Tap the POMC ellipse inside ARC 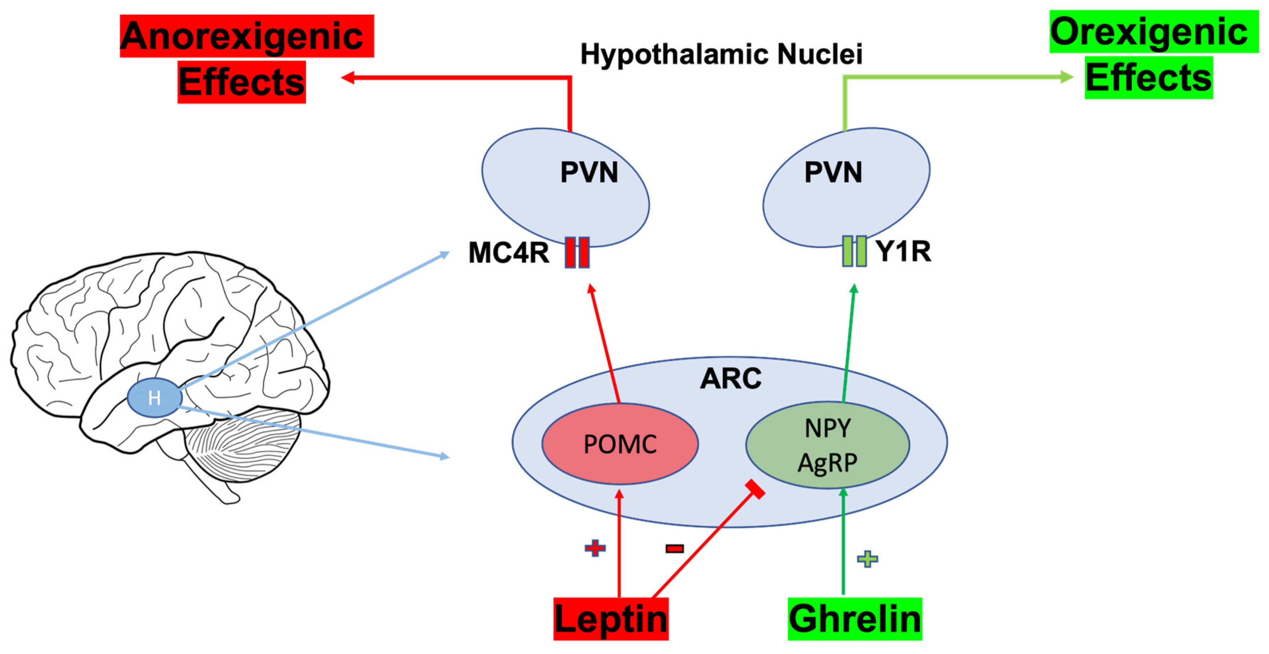click(620, 444)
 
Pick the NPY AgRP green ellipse click(828, 445)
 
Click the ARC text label click(731, 379)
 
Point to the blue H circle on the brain click(154, 398)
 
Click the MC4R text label click(509, 253)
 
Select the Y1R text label click(903, 251)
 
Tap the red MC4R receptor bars click(577, 252)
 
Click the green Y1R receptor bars click(854, 251)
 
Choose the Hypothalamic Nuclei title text click(721, 54)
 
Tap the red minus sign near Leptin click(674, 548)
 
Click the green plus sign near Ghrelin click(867, 558)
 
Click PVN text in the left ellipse click(589, 172)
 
